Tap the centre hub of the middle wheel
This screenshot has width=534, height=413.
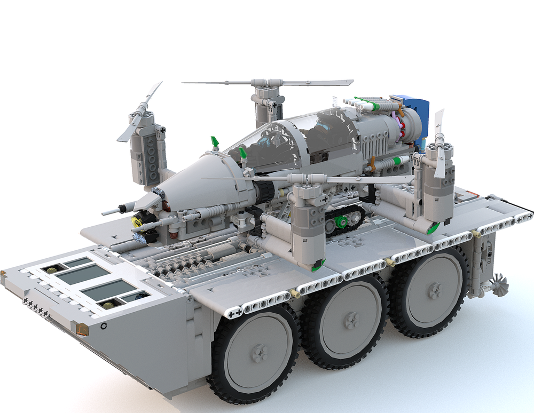click(351, 321)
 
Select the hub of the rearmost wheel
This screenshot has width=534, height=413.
click(435, 291)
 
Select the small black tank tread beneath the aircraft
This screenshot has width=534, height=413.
click(344, 219)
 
